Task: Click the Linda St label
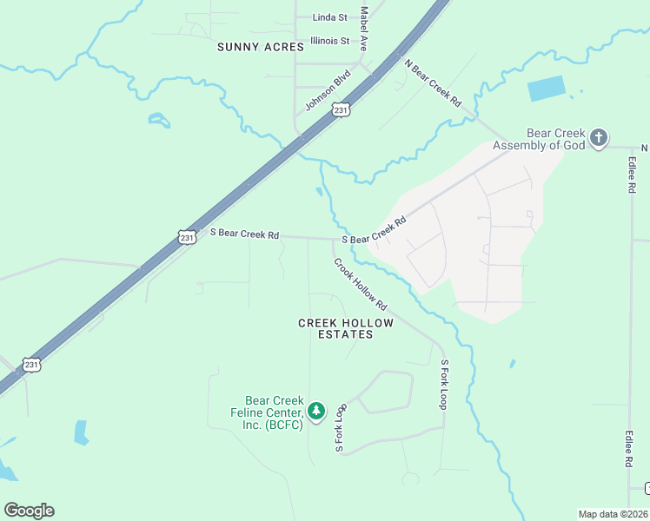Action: pyautogui.click(x=329, y=16)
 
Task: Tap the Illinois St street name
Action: pyautogui.click(x=329, y=41)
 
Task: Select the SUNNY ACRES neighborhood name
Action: pyautogui.click(x=261, y=47)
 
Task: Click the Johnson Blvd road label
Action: pyautogui.click(x=327, y=90)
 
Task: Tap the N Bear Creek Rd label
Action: pyautogui.click(x=433, y=82)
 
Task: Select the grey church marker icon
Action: pyautogui.click(x=599, y=137)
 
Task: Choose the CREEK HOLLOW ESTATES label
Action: pyautogui.click(x=346, y=328)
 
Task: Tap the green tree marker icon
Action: pyautogui.click(x=317, y=410)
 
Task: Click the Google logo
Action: pyautogui.click(x=29, y=511)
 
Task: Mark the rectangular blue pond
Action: pyautogui.click(x=546, y=89)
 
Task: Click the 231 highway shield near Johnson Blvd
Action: pyautogui.click(x=342, y=110)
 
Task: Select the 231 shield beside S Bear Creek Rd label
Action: pyautogui.click(x=187, y=236)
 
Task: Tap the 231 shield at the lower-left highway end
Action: pyautogui.click(x=31, y=365)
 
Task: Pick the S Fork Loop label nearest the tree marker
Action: pyautogui.click(x=341, y=427)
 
